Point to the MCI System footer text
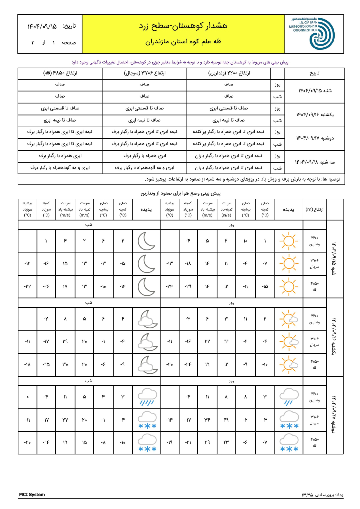click(x=32, y=495)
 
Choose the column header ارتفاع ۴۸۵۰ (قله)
click(x=59, y=74)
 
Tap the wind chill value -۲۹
click(x=188, y=287)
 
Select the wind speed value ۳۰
click(x=65, y=364)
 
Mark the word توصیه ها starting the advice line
click(x=337, y=179)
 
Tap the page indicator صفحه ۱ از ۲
click(x=47, y=43)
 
